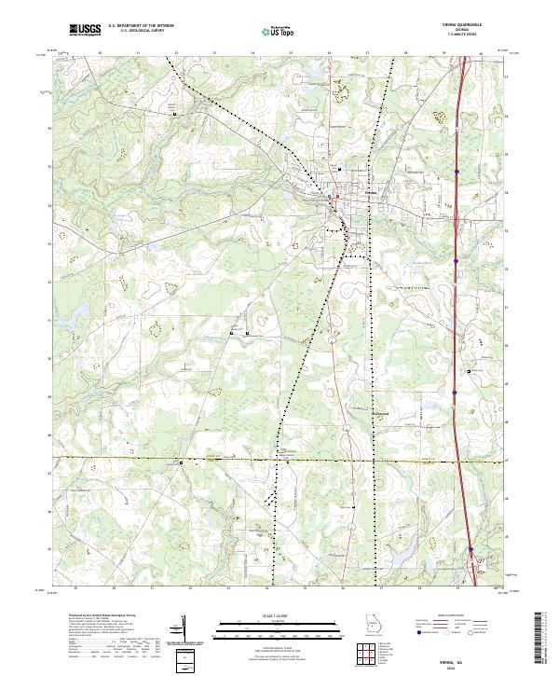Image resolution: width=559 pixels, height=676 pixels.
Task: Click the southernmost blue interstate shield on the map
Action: [x=471, y=548]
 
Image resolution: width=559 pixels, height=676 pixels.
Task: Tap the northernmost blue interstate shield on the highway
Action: [x=457, y=171]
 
